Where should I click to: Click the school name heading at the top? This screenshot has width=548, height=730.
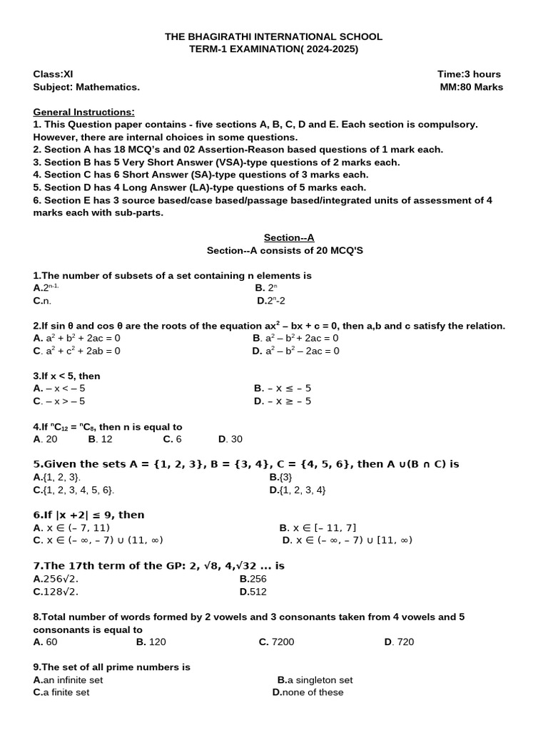tap(274, 36)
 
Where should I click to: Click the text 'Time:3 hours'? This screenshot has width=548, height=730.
tap(469, 74)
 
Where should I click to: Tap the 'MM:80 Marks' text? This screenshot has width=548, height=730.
tap(472, 87)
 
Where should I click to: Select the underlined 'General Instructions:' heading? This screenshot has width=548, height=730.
tap(83, 112)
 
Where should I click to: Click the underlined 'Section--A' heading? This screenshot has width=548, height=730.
tap(289, 237)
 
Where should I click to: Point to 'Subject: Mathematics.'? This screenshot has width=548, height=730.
tap(86, 87)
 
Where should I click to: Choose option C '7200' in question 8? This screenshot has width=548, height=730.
tap(276, 642)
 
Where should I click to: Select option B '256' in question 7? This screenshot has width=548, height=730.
tap(253, 579)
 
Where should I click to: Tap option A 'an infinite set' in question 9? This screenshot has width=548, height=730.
tap(68, 680)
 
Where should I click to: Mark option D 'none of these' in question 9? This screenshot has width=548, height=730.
tap(308, 692)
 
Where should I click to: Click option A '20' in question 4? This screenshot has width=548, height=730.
tap(45, 439)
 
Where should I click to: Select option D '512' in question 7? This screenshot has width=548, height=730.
tap(253, 592)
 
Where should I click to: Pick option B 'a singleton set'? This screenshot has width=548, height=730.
tap(315, 680)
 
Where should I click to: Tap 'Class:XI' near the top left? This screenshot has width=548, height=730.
tap(53, 74)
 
